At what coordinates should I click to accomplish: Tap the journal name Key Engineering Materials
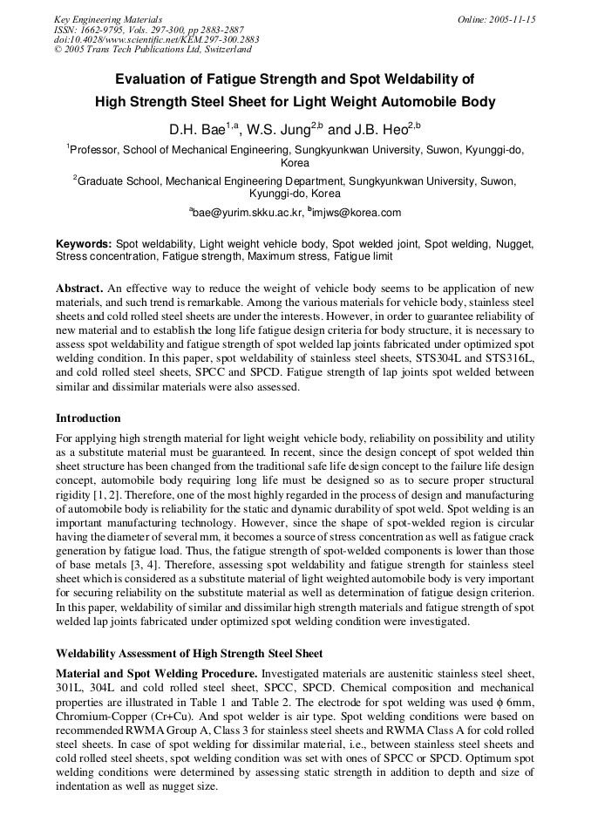coord(108,19)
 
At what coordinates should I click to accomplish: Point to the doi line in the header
coord(157,39)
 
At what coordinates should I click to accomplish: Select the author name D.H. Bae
coord(197,130)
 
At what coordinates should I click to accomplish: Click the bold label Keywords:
coord(84,245)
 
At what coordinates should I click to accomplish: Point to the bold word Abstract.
coord(79,288)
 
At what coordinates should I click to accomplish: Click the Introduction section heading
coord(88,418)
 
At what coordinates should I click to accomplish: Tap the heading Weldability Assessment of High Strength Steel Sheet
coord(189,653)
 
